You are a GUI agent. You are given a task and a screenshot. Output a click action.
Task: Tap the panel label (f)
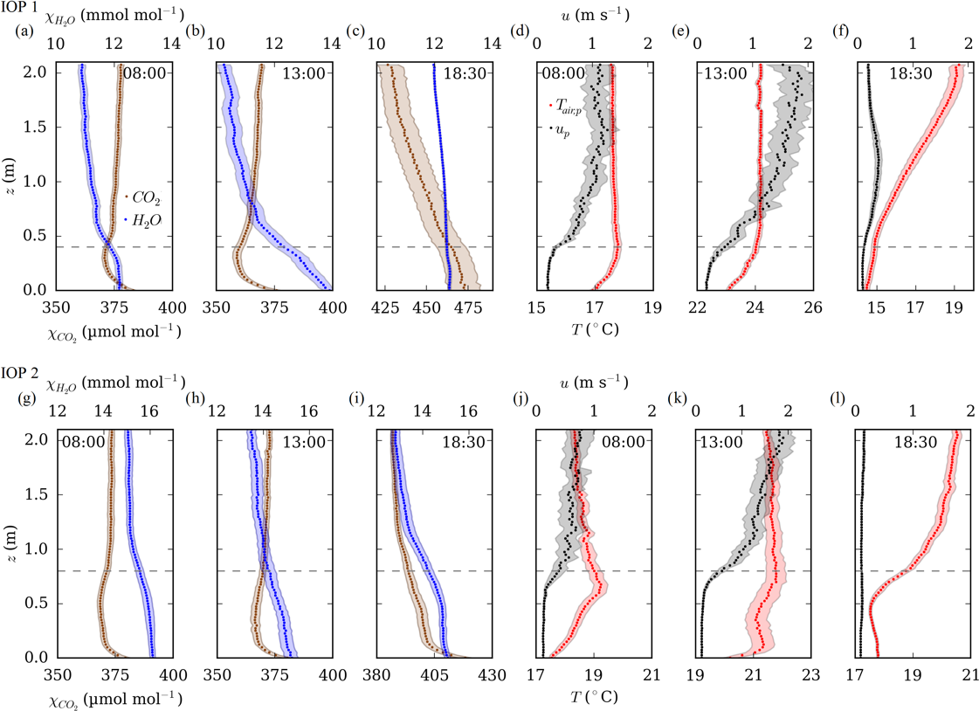[839, 32]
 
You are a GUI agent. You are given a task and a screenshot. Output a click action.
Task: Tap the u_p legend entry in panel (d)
[561, 133]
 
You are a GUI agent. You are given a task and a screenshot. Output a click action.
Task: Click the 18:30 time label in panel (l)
[914, 442]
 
